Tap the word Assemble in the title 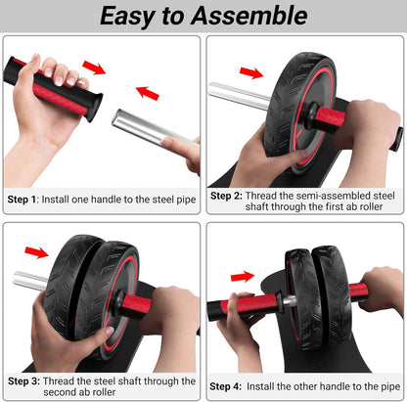tap(252, 16)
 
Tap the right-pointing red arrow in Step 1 tap(95, 67)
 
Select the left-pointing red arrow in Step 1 tap(147, 93)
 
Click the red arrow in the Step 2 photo tap(250, 72)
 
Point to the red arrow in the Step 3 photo tap(35, 252)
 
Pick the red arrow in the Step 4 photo tap(243, 277)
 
